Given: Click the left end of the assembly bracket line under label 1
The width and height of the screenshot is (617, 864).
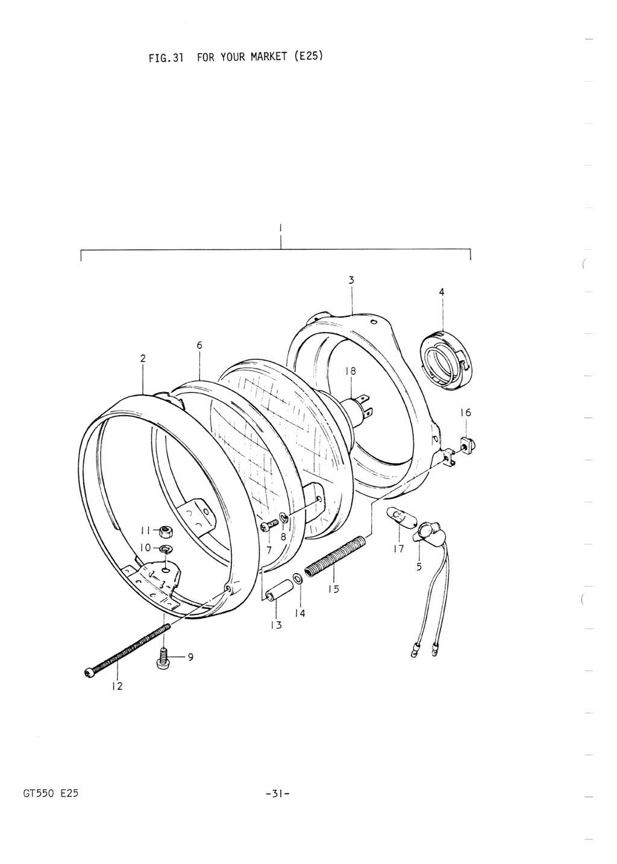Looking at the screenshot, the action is tap(81, 261).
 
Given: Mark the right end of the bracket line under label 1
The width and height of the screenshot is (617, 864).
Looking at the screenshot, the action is tap(470, 259).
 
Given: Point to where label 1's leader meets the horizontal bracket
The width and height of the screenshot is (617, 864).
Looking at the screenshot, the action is tap(281, 249).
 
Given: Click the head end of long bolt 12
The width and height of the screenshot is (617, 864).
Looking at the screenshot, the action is tap(88, 672).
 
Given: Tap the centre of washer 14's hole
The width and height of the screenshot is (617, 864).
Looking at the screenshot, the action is tap(298, 578).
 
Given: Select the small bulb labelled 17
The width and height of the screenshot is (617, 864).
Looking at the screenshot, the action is tap(401, 518).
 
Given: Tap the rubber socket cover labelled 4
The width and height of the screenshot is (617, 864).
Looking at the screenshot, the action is tap(446, 360).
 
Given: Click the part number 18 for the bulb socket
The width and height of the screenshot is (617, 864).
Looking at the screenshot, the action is tap(351, 371).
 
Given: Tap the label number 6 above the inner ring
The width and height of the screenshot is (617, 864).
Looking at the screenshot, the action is tap(199, 345).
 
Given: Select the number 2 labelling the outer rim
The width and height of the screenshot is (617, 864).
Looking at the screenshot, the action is tap(143, 358).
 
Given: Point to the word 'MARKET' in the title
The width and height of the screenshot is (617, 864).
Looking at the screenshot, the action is tap(269, 57).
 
